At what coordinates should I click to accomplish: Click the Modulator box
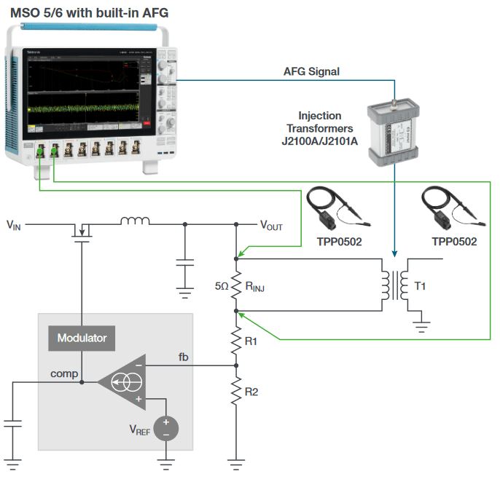tap(82, 338)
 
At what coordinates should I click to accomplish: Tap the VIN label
tap(14, 226)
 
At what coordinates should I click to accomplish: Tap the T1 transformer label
tap(421, 287)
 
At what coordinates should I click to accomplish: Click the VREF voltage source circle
tap(165, 427)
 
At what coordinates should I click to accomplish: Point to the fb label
tap(186, 356)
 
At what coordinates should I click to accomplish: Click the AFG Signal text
tap(311, 71)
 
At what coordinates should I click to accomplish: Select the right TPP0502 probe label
tap(453, 242)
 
